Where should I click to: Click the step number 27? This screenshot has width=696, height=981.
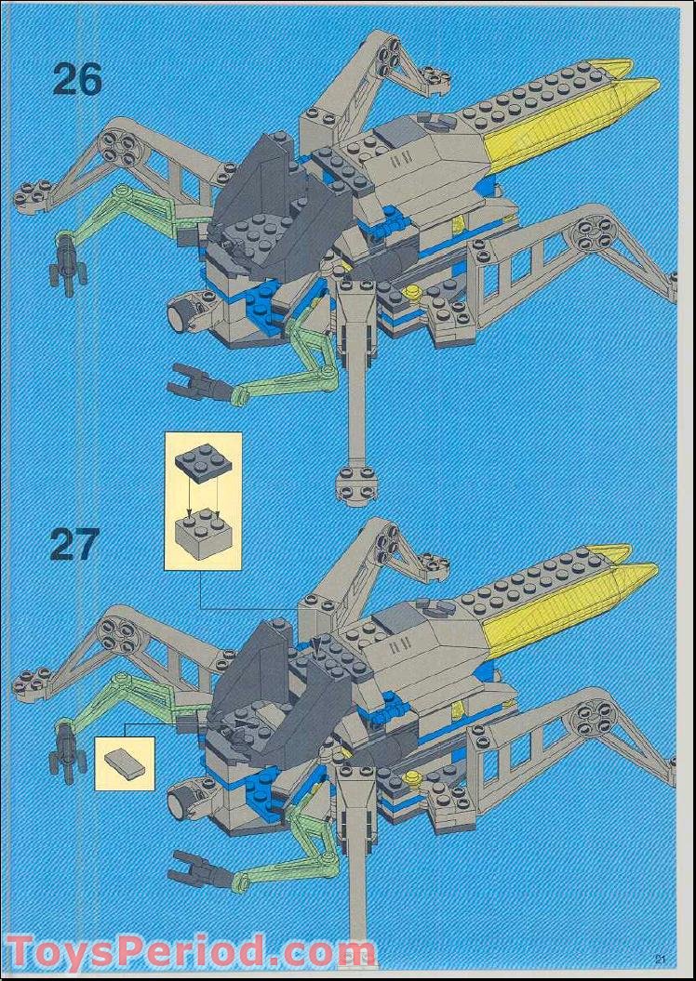click(x=74, y=545)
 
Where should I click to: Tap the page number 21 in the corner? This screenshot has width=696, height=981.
click(x=661, y=960)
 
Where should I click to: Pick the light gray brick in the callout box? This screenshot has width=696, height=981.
click(x=202, y=533)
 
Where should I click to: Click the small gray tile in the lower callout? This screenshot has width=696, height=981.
click(x=123, y=762)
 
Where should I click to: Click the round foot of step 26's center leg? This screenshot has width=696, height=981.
click(x=356, y=482)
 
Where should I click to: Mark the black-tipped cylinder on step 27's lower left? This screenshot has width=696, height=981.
click(x=181, y=799)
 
